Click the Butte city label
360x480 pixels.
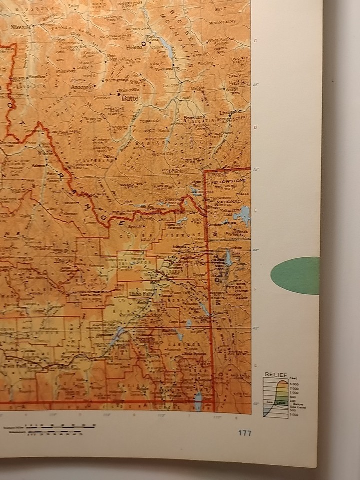(129, 99)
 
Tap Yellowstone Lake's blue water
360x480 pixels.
(242, 216)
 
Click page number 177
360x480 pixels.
(245, 433)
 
